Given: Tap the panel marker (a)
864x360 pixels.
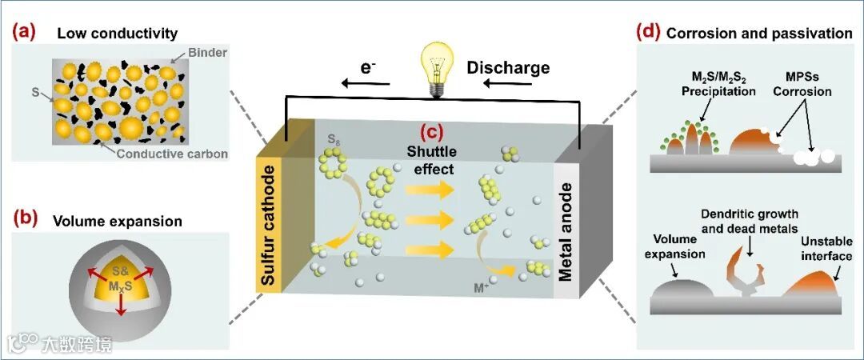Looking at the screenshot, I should coord(22,33).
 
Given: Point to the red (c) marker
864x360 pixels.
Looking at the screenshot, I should coord(433,134).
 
